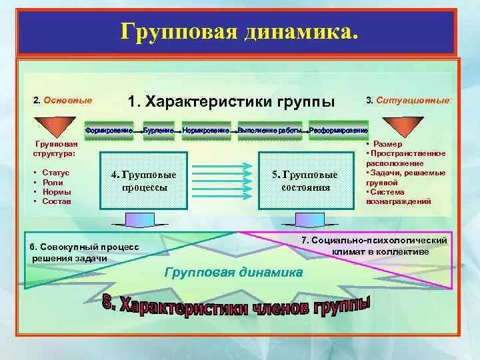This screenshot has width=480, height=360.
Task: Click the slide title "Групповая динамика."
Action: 239,31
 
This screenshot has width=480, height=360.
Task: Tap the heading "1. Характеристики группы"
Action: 231,101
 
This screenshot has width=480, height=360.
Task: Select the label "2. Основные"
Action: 62,100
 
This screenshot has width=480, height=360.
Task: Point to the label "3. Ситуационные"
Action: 408,100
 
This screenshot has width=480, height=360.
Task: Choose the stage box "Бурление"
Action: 159,131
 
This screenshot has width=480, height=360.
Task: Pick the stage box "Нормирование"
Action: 205,131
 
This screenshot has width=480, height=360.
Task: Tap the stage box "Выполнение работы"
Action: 269,131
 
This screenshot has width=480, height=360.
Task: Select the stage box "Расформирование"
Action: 339,131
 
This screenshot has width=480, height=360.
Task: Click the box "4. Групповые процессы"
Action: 143,180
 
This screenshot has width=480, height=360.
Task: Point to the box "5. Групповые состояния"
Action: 305,180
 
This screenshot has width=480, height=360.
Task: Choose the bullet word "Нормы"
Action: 56,191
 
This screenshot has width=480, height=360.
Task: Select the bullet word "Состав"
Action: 56,201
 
